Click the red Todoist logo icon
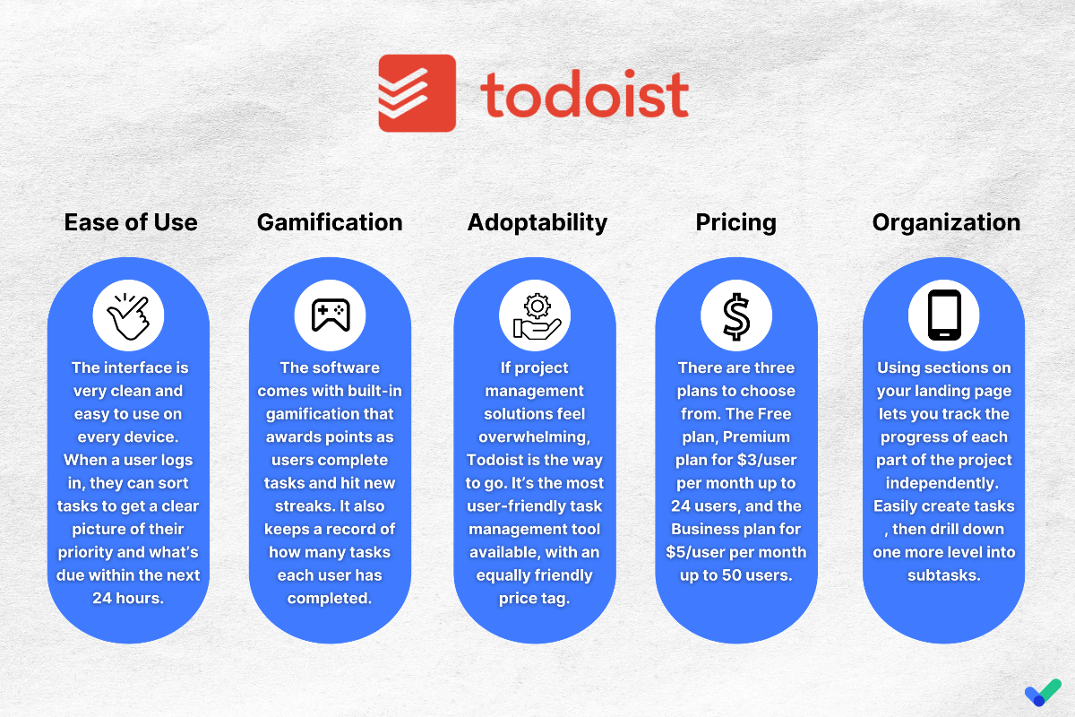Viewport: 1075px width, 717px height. tap(417, 93)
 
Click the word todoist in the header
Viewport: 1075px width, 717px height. tap(584, 94)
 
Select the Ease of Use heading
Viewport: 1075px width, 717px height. tap(131, 222)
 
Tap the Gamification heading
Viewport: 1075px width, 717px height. tap(330, 222)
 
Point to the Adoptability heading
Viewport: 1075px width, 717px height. tap(537, 223)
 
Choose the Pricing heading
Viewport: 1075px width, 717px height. tap(736, 223)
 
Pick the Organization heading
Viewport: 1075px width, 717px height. tap(946, 223)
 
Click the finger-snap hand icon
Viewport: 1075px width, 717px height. tap(129, 316)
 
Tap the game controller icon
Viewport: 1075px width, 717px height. tap(331, 315)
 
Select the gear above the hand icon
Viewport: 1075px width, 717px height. tap(537, 306)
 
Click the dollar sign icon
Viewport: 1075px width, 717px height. tap(736, 316)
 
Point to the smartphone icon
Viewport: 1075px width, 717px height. tap(944, 315)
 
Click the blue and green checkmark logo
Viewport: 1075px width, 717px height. tap(1043, 692)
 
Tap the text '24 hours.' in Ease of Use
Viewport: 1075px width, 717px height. tap(128, 598)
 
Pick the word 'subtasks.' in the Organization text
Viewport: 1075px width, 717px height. tap(944, 574)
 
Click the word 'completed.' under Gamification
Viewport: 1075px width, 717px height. tap(330, 599)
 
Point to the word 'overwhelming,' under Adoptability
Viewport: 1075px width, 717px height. tap(535, 437)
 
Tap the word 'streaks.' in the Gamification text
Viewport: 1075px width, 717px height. tap(305, 505)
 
